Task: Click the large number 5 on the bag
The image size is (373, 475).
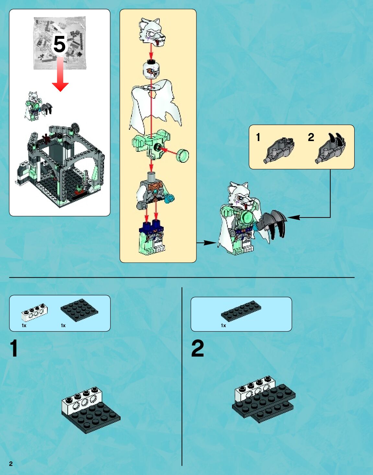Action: tap(59, 44)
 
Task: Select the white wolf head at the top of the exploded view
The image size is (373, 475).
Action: tap(152, 32)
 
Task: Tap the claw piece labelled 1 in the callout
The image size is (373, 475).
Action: tap(280, 150)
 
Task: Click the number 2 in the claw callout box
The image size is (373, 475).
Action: tap(311, 137)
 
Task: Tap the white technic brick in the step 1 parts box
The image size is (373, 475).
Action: tap(34, 312)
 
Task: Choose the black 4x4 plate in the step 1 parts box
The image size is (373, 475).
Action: tap(79, 310)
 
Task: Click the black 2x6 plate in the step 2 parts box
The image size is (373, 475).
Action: tap(241, 311)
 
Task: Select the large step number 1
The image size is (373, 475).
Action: tap(14, 348)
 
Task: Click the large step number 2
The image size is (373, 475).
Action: tap(197, 348)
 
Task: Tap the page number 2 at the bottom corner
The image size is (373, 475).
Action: tap(11, 464)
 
